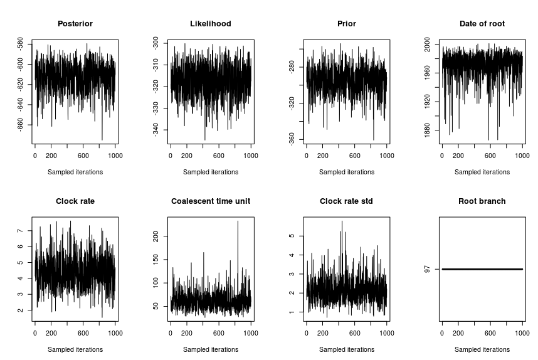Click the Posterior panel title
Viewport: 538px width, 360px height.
tap(75, 24)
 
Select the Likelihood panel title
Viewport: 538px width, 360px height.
tap(211, 24)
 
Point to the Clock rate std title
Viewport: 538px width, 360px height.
tap(346, 201)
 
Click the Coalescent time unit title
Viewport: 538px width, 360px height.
tap(211, 201)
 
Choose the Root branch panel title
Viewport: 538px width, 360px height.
tap(482, 201)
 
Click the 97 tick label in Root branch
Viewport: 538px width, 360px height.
tap(427, 269)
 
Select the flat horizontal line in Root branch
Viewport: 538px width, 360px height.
tap(482, 269)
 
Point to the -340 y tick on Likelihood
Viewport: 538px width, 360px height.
tap(156, 130)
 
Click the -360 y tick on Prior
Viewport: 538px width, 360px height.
tap(292, 139)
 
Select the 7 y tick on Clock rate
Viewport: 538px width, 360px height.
tap(21, 231)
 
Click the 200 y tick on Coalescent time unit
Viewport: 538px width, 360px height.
tap(156, 236)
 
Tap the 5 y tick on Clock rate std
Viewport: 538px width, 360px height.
tap(292, 236)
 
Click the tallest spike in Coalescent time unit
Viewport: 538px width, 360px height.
tap(238, 221)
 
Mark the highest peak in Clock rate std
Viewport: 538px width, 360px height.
tap(342, 221)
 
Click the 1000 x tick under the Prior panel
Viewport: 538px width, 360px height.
tap(386, 156)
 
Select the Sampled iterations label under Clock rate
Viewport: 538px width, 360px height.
tap(75, 349)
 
